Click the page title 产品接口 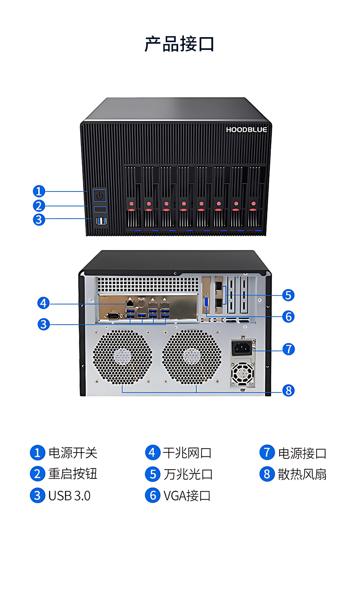point(180,44)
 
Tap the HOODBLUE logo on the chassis point(247,130)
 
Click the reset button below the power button point(100,209)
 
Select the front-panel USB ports point(101,221)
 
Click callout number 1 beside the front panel point(39,191)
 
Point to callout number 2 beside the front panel point(39,206)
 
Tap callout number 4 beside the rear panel point(43,303)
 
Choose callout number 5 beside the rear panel point(288,295)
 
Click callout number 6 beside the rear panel point(288,316)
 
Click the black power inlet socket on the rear point(242,348)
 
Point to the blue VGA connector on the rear point(206,302)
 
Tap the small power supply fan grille point(243,373)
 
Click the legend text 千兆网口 point(187,453)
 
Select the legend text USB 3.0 point(69,495)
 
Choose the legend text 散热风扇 point(302,474)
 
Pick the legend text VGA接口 point(187,495)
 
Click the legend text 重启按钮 point(73,474)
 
